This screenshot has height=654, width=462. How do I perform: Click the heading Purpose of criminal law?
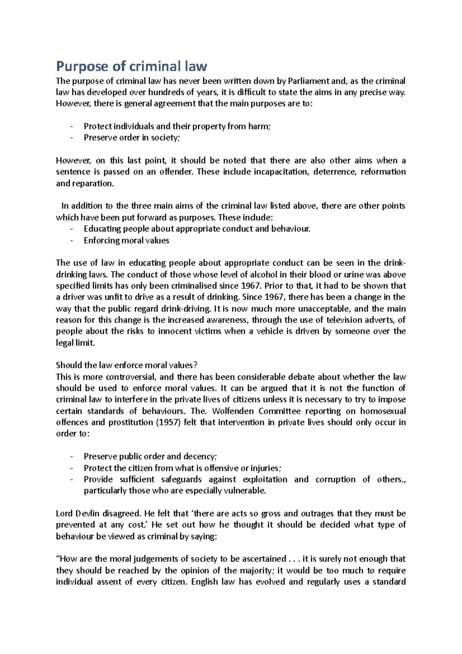[x=131, y=67]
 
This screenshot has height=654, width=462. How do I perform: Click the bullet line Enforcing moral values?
[x=126, y=241]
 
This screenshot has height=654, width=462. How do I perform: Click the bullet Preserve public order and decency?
[x=150, y=457]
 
